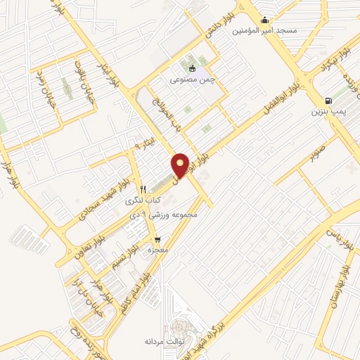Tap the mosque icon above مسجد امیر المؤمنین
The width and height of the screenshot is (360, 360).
point(265,20)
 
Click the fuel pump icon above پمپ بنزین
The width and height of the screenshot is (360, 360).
point(328,101)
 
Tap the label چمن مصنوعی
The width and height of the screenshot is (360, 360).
point(191,80)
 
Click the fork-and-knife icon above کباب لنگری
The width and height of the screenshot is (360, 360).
point(143,189)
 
